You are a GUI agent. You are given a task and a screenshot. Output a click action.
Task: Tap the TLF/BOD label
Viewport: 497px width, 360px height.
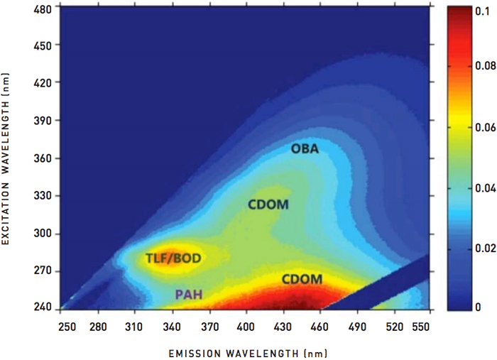(x=173, y=258)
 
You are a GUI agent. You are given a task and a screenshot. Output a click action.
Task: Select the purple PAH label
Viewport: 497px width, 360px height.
(x=190, y=293)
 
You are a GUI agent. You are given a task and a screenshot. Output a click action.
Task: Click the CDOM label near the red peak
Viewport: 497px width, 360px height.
(x=302, y=279)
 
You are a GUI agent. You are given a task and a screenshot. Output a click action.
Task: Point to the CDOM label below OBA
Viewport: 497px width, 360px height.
(x=268, y=204)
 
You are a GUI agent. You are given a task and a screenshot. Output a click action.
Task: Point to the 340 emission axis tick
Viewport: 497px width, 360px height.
(x=170, y=324)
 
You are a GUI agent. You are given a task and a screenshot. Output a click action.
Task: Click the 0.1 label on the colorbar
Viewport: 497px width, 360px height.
(x=480, y=10)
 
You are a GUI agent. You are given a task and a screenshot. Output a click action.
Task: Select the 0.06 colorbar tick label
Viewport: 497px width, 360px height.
(x=483, y=128)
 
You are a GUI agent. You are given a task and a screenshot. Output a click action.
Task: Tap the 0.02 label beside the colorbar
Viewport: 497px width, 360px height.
(x=483, y=249)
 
